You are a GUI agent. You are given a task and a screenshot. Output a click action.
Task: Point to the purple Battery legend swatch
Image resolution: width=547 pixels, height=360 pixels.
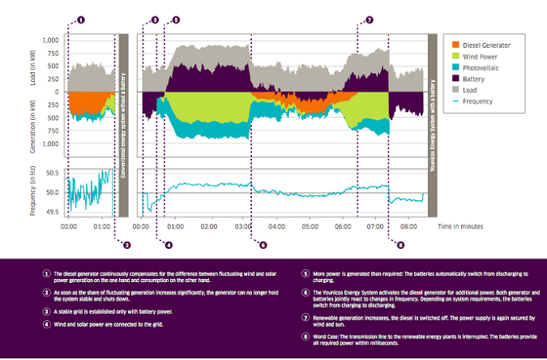click(455, 79)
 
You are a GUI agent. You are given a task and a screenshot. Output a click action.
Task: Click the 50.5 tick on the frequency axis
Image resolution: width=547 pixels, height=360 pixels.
click(50, 173)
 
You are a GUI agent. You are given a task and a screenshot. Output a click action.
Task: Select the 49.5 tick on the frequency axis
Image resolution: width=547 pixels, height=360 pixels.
click(50, 211)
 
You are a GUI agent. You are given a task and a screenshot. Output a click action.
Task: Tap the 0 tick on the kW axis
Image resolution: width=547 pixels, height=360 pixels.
click(56, 92)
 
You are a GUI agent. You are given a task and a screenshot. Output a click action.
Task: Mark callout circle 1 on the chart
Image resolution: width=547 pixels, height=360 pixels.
click(80, 19)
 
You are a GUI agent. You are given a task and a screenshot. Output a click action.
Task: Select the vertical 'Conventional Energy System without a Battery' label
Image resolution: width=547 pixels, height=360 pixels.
click(123, 126)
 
